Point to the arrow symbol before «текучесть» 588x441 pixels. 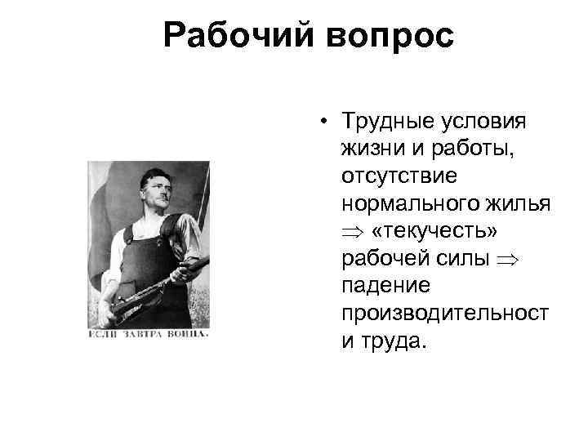tap(351, 232)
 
